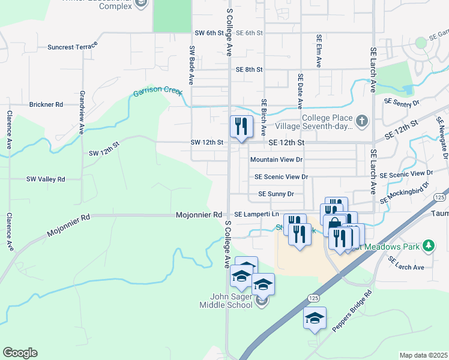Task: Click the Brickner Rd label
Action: pos(46,104)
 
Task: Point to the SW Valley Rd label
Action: pos(45,179)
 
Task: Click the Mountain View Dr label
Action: pos(276,160)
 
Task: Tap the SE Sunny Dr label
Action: pos(276,194)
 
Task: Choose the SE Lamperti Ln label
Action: pos(256,214)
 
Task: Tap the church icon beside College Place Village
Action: pos(361,122)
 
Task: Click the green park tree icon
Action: pos(428,245)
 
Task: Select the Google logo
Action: pos(20,352)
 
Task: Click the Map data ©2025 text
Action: pos(423,355)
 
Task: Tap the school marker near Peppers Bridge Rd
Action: pos(315,319)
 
